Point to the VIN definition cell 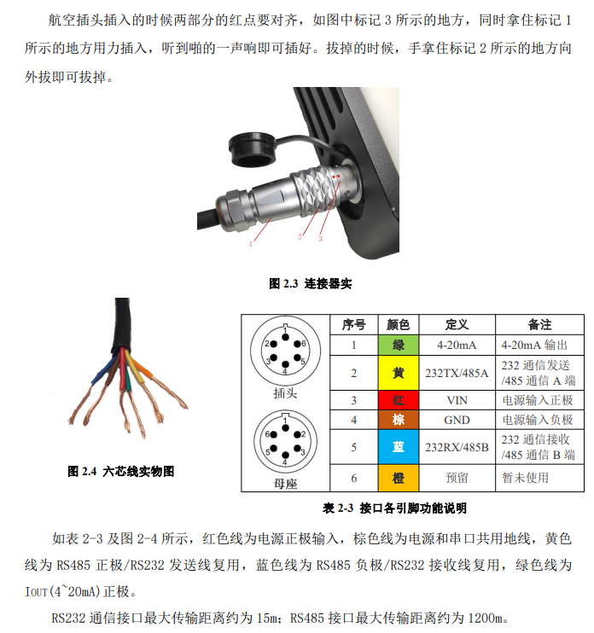[x=457, y=399]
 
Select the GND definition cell [x=457, y=420]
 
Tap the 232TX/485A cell [x=457, y=373]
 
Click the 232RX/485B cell [x=457, y=447]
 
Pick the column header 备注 [x=539, y=325]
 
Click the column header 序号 [x=354, y=325]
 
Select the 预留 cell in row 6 [x=457, y=478]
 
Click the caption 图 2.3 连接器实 [x=310, y=283]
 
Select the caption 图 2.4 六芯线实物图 [x=120, y=470]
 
